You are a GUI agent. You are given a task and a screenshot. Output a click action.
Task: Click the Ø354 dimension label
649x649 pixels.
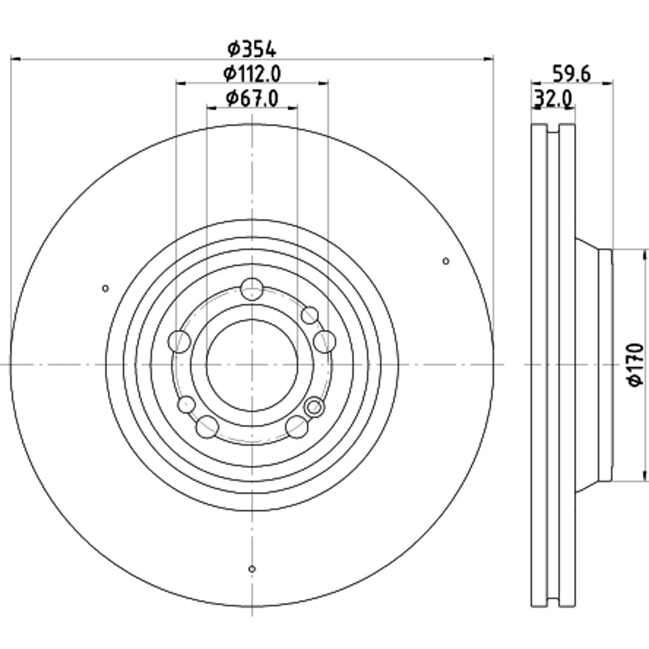[x=252, y=49]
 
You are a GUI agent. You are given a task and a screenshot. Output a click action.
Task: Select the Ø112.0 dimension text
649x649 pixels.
[x=252, y=74]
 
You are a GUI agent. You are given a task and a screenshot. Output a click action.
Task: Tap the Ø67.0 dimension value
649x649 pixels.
[x=252, y=98]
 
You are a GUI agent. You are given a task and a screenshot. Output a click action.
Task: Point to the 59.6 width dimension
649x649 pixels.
[x=571, y=74]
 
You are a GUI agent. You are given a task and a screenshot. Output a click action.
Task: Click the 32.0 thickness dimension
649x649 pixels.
[x=553, y=99]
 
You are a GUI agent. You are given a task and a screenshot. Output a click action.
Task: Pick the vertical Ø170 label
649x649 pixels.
[x=636, y=365]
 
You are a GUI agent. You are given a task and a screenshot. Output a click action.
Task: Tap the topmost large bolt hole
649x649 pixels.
[x=252, y=289]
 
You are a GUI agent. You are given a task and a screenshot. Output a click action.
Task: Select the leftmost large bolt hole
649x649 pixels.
[x=180, y=341]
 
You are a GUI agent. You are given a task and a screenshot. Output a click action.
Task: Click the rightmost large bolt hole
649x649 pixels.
[x=324, y=341]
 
